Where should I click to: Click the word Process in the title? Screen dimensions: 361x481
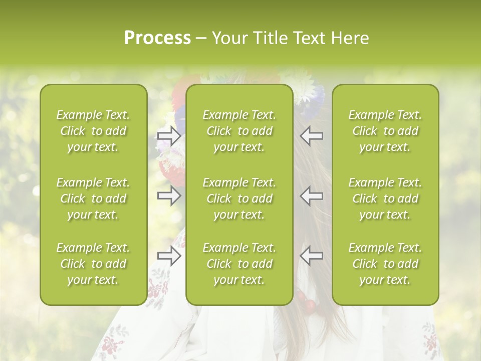(157, 38)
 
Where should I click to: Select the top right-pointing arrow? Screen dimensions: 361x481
(169, 136)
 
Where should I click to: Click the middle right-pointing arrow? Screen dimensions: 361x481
(169, 196)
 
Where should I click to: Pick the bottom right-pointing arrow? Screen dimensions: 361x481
(169, 256)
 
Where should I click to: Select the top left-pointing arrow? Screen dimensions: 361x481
(311, 136)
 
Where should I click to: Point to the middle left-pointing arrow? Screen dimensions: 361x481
(311, 196)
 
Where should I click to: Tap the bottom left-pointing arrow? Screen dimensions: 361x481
(311, 256)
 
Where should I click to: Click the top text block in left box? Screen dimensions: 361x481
(93, 131)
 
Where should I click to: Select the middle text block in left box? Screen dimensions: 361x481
(93, 199)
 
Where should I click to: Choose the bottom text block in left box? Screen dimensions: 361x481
(93, 264)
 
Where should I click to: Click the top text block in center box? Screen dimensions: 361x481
(239, 131)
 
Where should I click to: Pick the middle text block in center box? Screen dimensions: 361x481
(239, 199)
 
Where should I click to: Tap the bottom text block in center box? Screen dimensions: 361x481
(239, 264)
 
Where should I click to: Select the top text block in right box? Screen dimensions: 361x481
(385, 131)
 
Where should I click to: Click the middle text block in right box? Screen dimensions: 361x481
(385, 199)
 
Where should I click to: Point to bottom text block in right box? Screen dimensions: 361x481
(385, 264)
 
